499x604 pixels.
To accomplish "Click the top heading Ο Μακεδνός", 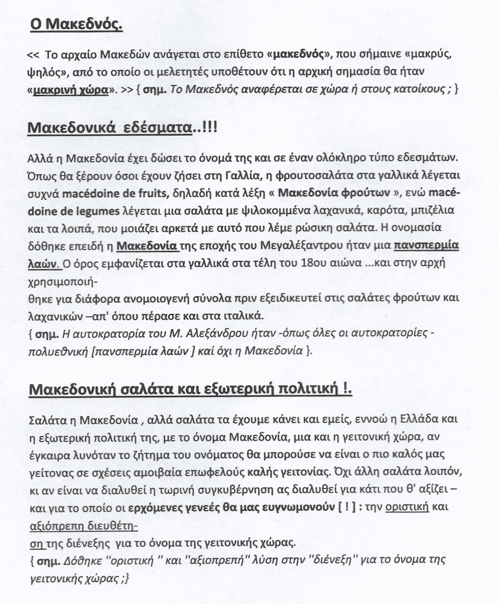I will (x=76, y=25).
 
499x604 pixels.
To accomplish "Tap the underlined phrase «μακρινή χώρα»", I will (x=71, y=90).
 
